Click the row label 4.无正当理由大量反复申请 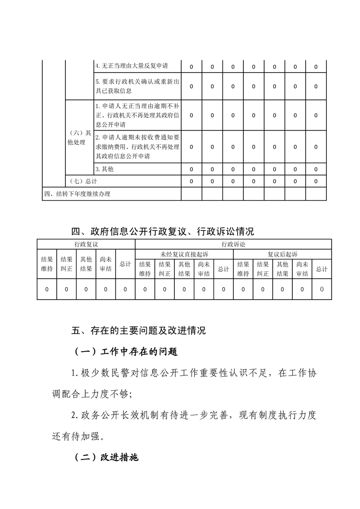tap(132, 66)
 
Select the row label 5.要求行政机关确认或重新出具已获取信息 tap(137, 86)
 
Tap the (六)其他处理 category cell tap(79, 137)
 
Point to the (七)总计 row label tap(84, 181)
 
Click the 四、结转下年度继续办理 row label tap(77, 194)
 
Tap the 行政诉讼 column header tap(233, 244)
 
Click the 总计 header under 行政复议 tap(125, 264)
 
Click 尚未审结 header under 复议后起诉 tap(302, 269)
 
